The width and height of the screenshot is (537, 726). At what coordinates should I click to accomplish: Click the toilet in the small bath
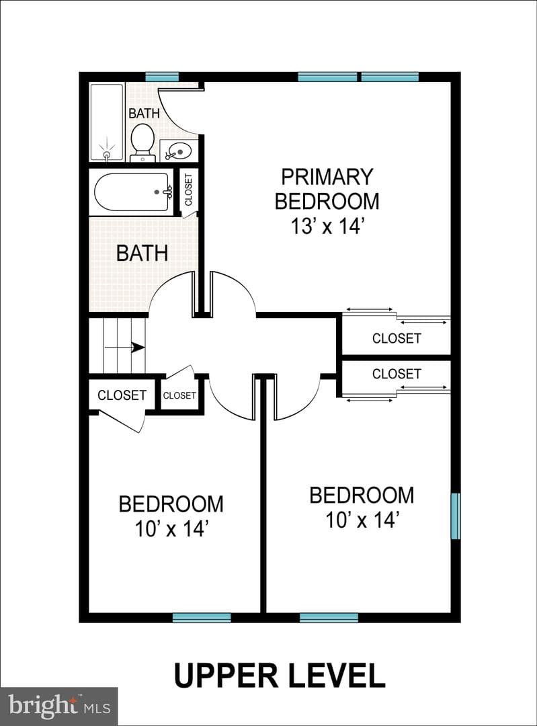point(142,143)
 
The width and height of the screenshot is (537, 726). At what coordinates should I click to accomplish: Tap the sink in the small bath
point(176,149)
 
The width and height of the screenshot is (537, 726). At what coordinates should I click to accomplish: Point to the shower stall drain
point(107,154)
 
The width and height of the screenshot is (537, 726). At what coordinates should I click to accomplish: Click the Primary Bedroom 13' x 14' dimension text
point(327,227)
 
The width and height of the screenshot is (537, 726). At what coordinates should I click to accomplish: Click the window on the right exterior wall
point(456,516)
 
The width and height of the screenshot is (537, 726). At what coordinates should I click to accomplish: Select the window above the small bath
point(162,77)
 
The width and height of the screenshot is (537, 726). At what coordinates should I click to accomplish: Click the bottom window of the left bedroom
point(202,617)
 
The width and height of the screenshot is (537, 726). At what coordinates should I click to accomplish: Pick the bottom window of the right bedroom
point(329,617)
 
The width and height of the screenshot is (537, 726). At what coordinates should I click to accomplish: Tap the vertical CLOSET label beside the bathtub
point(188,190)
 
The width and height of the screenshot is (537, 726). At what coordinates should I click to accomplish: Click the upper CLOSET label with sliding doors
point(397,338)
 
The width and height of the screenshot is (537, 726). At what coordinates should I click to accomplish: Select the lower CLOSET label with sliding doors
point(397,374)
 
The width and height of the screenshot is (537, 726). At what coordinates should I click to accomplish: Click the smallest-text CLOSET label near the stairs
point(179,395)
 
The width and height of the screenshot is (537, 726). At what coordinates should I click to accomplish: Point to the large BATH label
point(142,253)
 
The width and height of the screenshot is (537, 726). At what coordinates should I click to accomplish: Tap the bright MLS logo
point(59,707)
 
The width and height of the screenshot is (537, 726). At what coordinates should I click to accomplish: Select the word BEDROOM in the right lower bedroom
point(362,495)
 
